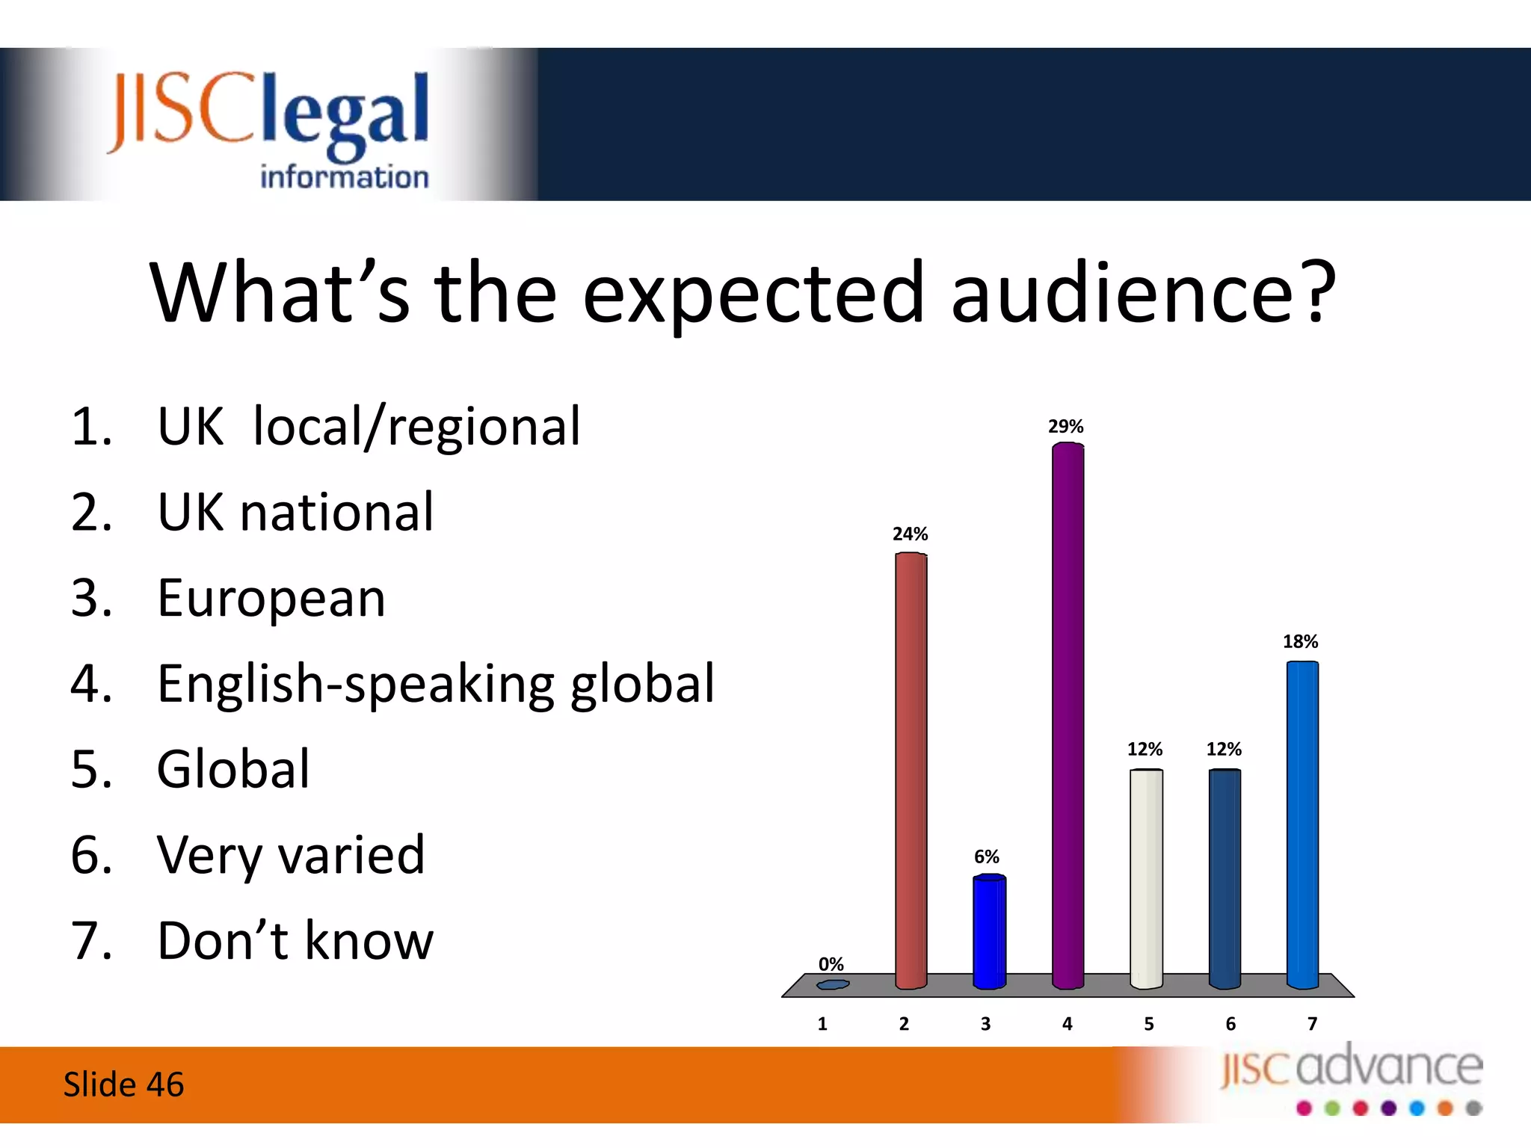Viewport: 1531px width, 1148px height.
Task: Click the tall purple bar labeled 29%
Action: (x=1068, y=716)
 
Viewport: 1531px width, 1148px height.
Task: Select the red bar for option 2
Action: (x=911, y=771)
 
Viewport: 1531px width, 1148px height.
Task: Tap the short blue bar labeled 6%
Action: (x=989, y=932)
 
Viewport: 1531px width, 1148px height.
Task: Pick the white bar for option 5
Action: (x=1146, y=879)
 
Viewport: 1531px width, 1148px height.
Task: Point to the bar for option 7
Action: (x=1302, y=825)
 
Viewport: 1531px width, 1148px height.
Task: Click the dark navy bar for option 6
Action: (x=1225, y=879)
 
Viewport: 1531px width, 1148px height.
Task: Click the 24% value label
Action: (x=910, y=534)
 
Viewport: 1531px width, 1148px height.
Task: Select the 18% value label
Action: (x=1301, y=641)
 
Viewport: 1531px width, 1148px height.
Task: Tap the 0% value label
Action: (x=831, y=964)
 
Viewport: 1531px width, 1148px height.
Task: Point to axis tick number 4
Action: (x=1068, y=1024)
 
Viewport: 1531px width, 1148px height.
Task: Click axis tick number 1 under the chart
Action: (x=822, y=1024)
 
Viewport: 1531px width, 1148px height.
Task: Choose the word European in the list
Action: (x=271, y=599)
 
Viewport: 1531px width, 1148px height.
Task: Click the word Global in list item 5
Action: (x=233, y=769)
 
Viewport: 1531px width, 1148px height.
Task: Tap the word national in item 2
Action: (x=337, y=513)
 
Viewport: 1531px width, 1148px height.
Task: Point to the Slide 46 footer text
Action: (x=123, y=1084)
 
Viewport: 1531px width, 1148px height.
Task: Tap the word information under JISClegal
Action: (x=344, y=177)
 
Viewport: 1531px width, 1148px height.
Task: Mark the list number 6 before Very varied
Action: (x=90, y=855)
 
